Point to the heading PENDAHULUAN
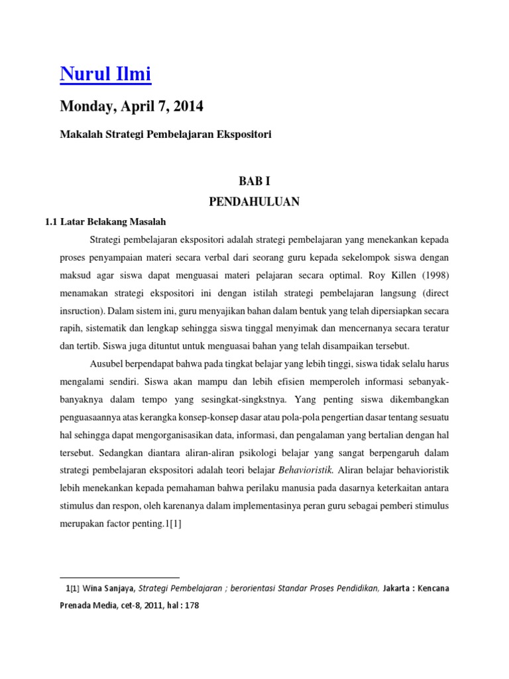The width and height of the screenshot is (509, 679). [x=254, y=202]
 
